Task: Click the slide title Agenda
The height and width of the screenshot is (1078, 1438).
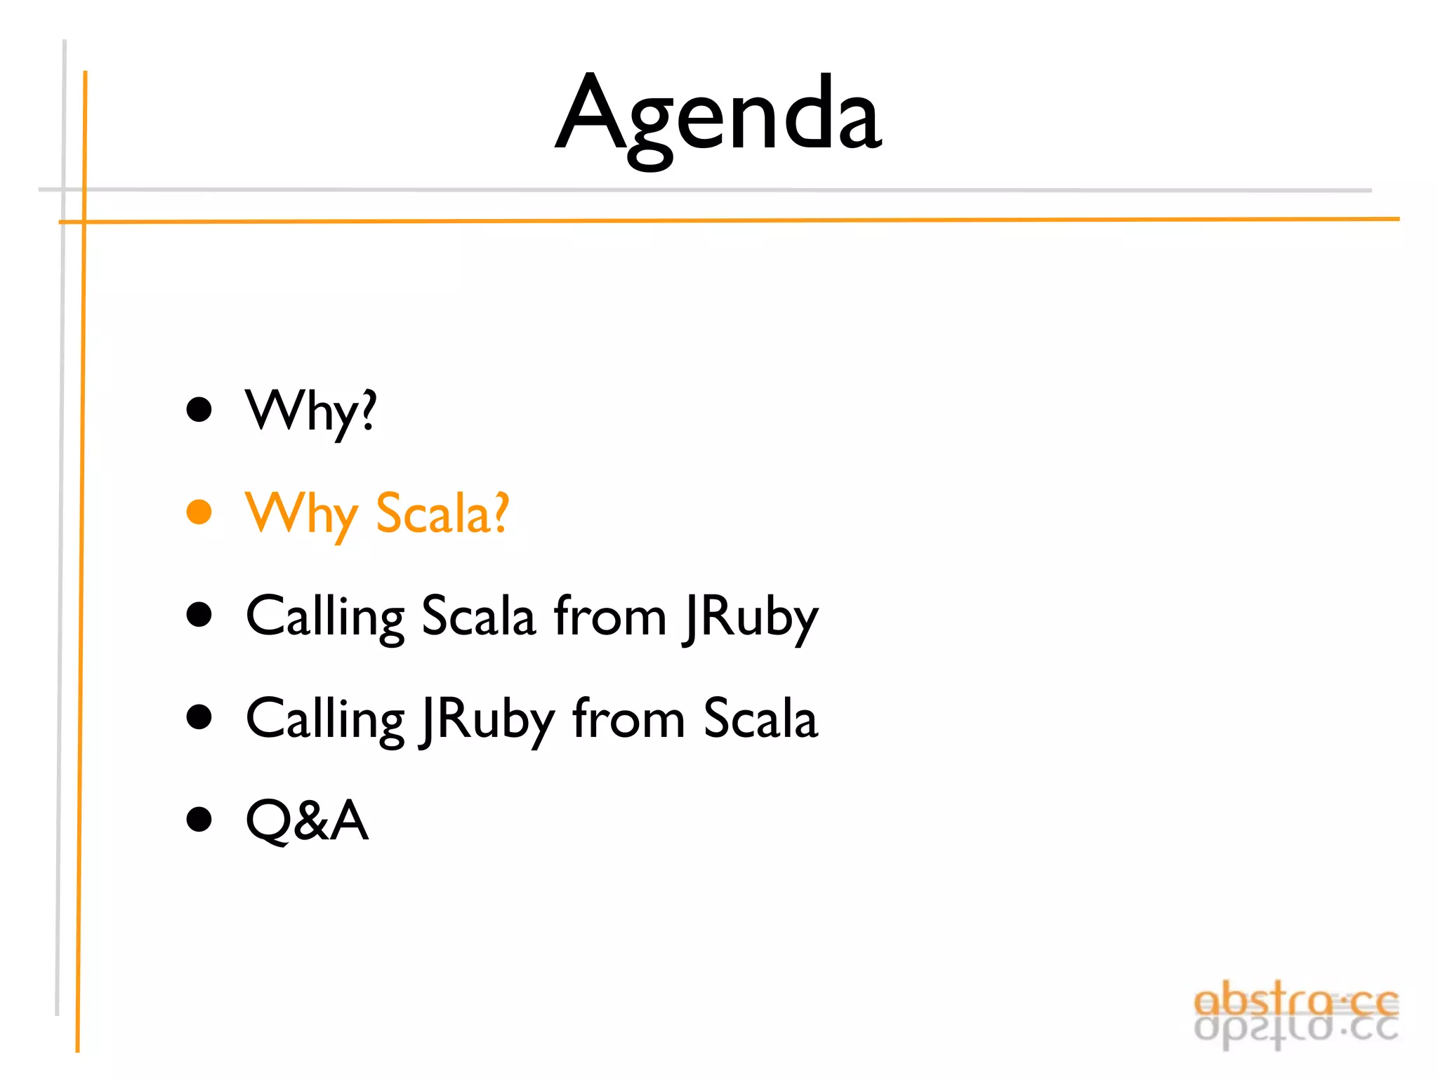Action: [x=718, y=116]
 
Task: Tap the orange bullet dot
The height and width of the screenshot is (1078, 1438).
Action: [x=199, y=512]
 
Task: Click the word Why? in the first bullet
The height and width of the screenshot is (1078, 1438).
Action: [x=310, y=412]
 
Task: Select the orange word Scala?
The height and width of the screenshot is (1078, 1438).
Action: [x=442, y=514]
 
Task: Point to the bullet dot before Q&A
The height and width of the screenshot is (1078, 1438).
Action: [x=199, y=819]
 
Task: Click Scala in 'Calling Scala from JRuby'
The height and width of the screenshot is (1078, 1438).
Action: [x=478, y=616]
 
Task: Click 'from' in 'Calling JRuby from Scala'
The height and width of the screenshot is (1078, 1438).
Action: [x=628, y=719]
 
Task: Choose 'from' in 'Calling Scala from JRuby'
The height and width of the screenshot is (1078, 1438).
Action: [x=609, y=616]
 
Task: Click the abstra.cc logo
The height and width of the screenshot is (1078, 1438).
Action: [x=1295, y=1014]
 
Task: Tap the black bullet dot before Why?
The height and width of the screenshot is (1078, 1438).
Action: [x=199, y=409]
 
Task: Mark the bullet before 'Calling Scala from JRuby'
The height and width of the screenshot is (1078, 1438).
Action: [x=199, y=614]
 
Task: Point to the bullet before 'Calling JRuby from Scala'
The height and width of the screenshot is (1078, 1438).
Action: [x=199, y=717]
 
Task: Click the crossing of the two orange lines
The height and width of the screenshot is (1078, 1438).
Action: [x=84, y=222]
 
